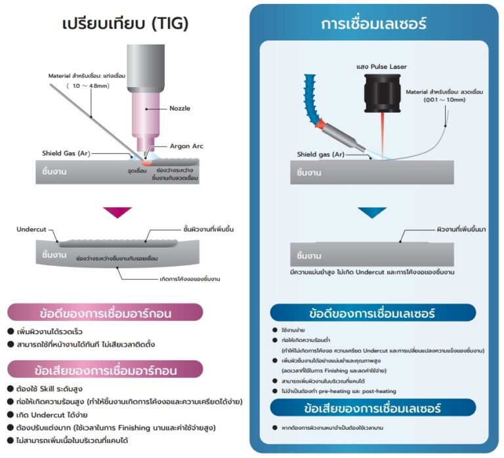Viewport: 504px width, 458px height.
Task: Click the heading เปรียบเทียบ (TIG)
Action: pos(125,24)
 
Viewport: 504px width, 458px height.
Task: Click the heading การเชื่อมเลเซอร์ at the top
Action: pos(374,24)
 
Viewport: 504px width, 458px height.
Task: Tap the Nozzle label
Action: pos(179,108)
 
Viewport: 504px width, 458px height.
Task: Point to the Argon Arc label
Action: pos(187,145)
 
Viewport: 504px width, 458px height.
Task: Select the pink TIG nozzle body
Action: pos(145,111)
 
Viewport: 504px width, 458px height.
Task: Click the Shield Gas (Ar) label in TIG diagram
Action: pos(66,153)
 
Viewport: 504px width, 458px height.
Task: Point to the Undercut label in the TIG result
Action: pos(32,229)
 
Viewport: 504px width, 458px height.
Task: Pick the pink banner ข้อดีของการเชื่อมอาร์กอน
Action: pos(105,312)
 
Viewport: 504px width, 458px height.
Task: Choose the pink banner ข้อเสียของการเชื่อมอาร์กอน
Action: pos(105,370)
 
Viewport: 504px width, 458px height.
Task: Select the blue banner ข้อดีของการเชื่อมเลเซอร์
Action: pos(373,312)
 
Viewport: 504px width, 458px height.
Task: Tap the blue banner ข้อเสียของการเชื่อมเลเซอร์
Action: pos(373,409)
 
